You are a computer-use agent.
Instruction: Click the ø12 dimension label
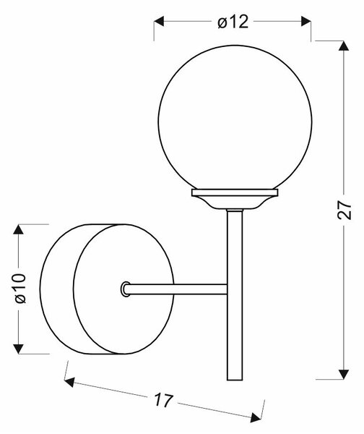click(233, 22)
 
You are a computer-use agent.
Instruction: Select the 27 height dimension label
click(344, 210)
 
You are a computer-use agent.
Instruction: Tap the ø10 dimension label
click(20, 289)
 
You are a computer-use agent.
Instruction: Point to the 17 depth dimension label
click(163, 400)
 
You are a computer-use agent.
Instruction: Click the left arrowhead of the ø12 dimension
click(159, 21)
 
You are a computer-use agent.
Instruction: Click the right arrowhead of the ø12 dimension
click(306, 21)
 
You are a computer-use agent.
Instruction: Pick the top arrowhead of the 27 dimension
click(344, 46)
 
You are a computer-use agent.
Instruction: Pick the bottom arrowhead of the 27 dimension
click(344, 374)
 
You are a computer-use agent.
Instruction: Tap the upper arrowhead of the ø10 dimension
click(18, 229)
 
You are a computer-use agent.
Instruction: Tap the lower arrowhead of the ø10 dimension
click(18, 349)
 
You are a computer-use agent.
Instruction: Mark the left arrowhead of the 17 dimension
click(69, 382)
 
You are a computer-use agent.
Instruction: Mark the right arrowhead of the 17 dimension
click(256, 417)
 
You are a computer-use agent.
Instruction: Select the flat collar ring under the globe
click(235, 192)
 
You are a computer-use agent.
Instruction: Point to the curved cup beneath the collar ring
click(235, 203)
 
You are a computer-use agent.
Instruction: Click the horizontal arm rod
click(177, 289)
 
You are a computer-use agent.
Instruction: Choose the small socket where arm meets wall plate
click(125, 289)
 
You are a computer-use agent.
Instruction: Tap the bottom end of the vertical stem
click(235, 380)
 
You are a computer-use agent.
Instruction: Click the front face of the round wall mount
click(123, 289)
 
